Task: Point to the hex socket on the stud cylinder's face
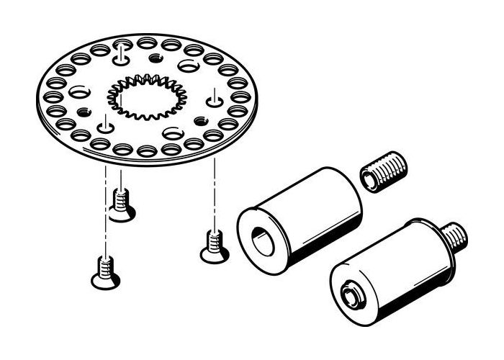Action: tap(351, 295)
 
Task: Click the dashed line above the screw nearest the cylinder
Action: tap(214, 194)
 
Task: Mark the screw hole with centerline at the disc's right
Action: tap(215, 93)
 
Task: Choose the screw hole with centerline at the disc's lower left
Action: tap(106, 127)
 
